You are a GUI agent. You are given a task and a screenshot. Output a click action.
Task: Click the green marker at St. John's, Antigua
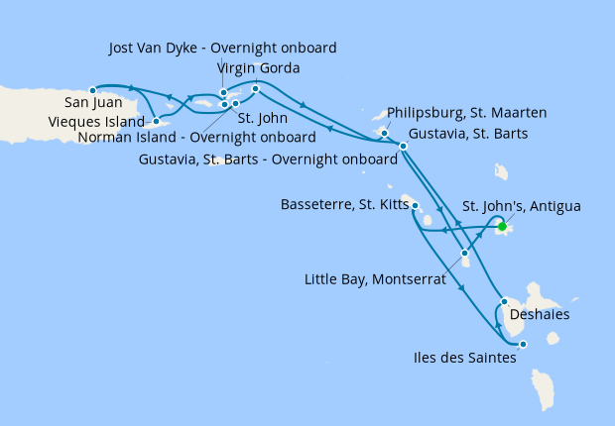(x=502, y=227)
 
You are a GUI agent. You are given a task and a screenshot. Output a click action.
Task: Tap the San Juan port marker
(x=92, y=89)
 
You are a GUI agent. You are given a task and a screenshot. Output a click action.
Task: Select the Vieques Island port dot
(x=156, y=121)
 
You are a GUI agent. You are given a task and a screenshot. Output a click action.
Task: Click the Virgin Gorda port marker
(x=256, y=89)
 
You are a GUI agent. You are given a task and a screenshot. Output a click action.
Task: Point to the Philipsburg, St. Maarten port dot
(x=384, y=132)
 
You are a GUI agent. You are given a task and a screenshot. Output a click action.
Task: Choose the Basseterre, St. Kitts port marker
(x=414, y=206)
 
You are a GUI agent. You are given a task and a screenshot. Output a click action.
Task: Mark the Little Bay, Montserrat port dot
(x=464, y=253)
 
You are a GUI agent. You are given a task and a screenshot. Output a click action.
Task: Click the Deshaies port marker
(x=505, y=301)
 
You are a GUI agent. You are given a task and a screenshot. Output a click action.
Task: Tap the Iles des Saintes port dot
(x=523, y=345)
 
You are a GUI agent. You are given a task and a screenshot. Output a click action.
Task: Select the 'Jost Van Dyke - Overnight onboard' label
(x=223, y=48)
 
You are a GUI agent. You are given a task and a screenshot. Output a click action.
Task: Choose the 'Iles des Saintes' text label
(x=465, y=359)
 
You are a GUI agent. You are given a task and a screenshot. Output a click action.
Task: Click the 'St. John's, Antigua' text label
(x=522, y=206)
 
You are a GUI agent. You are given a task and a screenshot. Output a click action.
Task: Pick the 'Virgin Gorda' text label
(x=258, y=68)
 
